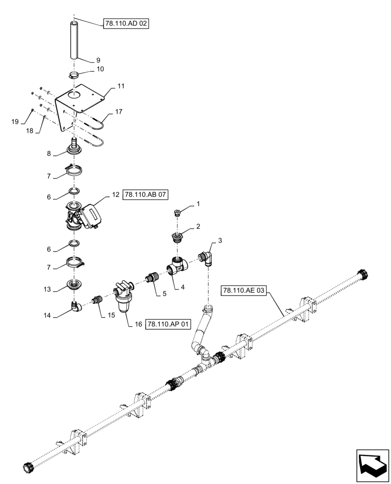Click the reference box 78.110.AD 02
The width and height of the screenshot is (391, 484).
click(125, 23)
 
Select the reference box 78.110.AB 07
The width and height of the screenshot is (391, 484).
click(147, 195)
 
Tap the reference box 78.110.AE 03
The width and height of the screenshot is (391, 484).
click(244, 290)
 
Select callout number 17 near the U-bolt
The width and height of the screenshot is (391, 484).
click(119, 111)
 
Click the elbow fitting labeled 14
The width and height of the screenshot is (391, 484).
click(75, 306)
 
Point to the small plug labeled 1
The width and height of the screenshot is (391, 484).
click(177, 212)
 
